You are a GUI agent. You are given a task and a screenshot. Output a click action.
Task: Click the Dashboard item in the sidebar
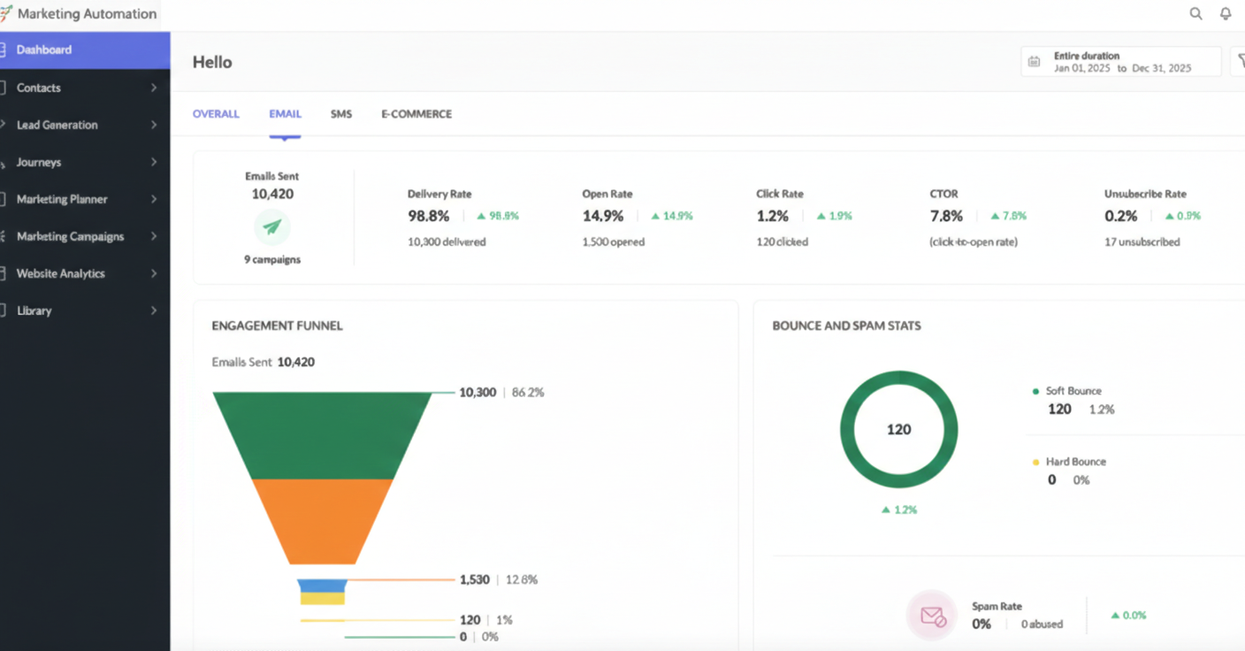[x=44, y=50]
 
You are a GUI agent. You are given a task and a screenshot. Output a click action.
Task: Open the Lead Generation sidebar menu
[x=57, y=125]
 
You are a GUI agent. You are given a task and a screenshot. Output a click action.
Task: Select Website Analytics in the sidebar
[x=61, y=274]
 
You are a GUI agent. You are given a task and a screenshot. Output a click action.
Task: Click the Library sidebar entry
[x=34, y=311]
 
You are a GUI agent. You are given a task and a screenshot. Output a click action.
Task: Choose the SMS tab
[x=341, y=114]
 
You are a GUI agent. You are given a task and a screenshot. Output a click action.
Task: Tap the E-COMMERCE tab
[x=416, y=114]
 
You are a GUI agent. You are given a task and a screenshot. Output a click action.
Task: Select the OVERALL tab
[x=216, y=114]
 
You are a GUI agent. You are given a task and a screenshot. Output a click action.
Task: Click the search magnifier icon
[x=1195, y=13]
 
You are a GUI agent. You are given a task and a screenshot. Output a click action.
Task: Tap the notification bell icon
[x=1226, y=13]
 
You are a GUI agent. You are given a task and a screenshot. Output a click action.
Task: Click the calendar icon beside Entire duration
[x=1034, y=62]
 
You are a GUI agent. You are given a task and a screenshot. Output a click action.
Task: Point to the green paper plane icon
[x=272, y=227]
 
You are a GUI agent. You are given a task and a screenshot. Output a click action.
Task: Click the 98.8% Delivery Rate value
[x=428, y=216]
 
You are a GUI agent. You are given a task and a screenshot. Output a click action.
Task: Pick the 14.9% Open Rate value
[x=603, y=216]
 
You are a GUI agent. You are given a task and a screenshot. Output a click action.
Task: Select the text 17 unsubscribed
[x=1142, y=242]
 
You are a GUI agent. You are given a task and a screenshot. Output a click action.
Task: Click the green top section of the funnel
[x=322, y=434]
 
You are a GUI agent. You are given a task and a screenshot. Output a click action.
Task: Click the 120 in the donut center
[x=898, y=429]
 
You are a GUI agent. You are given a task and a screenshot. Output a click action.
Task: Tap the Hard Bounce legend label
[x=1075, y=462]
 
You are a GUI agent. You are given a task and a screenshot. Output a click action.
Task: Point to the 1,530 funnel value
[x=475, y=580]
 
